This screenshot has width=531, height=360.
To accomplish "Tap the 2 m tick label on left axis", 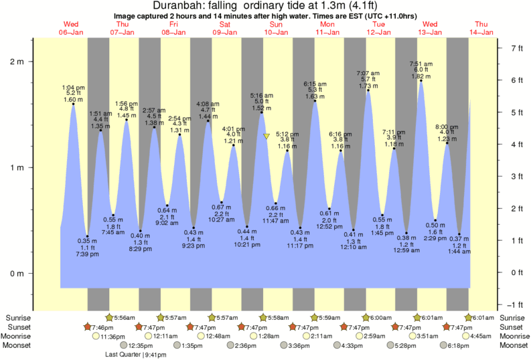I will (15, 61).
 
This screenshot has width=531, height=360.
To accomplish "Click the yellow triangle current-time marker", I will (267, 137).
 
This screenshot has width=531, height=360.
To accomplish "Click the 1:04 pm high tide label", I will (73, 87).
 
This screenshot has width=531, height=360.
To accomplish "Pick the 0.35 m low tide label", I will (83, 241).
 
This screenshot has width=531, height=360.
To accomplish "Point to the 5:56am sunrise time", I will (126, 317).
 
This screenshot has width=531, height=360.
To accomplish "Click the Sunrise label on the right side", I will (512, 317).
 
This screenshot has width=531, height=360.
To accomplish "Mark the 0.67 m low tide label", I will (221, 205).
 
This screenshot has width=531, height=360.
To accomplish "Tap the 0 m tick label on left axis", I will (15, 273).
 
